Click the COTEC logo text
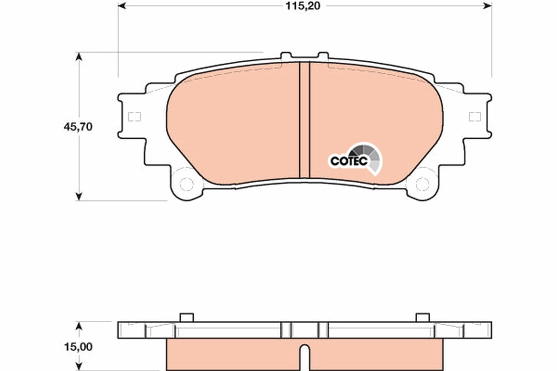(x=349, y=161)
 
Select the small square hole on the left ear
(x=134, y=116)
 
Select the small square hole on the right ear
(x=475, y=116)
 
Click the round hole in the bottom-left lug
(x=186, y=184)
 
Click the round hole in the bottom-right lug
(x=422, y=184)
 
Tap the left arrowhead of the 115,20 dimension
(x=122, y=6)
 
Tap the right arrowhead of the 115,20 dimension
(x=488, y=6)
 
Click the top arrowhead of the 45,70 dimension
(x=79, y=56)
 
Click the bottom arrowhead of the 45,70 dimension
(x=79, y=197)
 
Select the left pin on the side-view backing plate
(x=186, y=318)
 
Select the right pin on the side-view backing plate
(x=422, y=318)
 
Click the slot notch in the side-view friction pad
(x=304, y=357)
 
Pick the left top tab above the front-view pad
(x=287, y=56)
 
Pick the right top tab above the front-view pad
(x=323, y=56)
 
